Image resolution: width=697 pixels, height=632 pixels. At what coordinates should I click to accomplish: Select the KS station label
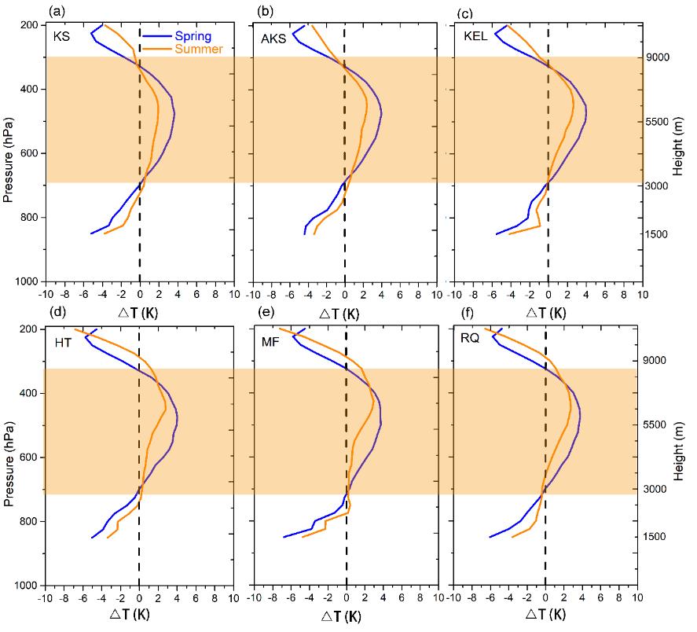61,38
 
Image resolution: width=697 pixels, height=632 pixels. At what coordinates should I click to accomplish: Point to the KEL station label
476,39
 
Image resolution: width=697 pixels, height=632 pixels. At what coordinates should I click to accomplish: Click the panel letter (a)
57,11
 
